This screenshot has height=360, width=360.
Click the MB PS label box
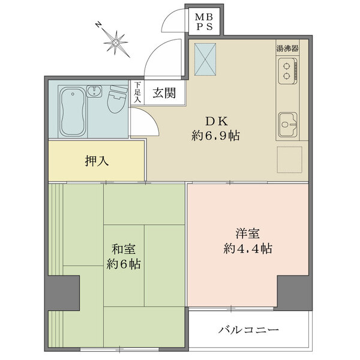[x=204, y=22]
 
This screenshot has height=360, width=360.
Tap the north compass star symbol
[x=116, y=43]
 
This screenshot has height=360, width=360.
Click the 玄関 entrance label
[x=164, y=93]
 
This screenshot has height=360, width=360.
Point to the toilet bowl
[x=118, y=99]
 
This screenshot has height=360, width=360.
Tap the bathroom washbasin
[x=94, y=91]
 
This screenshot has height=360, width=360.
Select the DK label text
[x=217, y=121]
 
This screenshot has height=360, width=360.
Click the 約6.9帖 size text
[x=215, y=136]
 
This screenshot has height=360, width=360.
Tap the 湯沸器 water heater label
[x=287, y=49]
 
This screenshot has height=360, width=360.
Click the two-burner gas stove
[x=287, y=71]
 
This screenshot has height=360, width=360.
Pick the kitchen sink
[x=288, y=124]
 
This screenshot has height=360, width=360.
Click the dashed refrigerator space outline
[x=290, y=160]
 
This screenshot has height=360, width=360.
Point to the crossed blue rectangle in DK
[x=205, y=59]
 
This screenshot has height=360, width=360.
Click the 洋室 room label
[x=248, y=234]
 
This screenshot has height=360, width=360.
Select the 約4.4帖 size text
[x=248, y=248]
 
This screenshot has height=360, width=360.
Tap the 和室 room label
[x=124, y=250]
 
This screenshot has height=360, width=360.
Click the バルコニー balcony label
[x=248, y=331]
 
